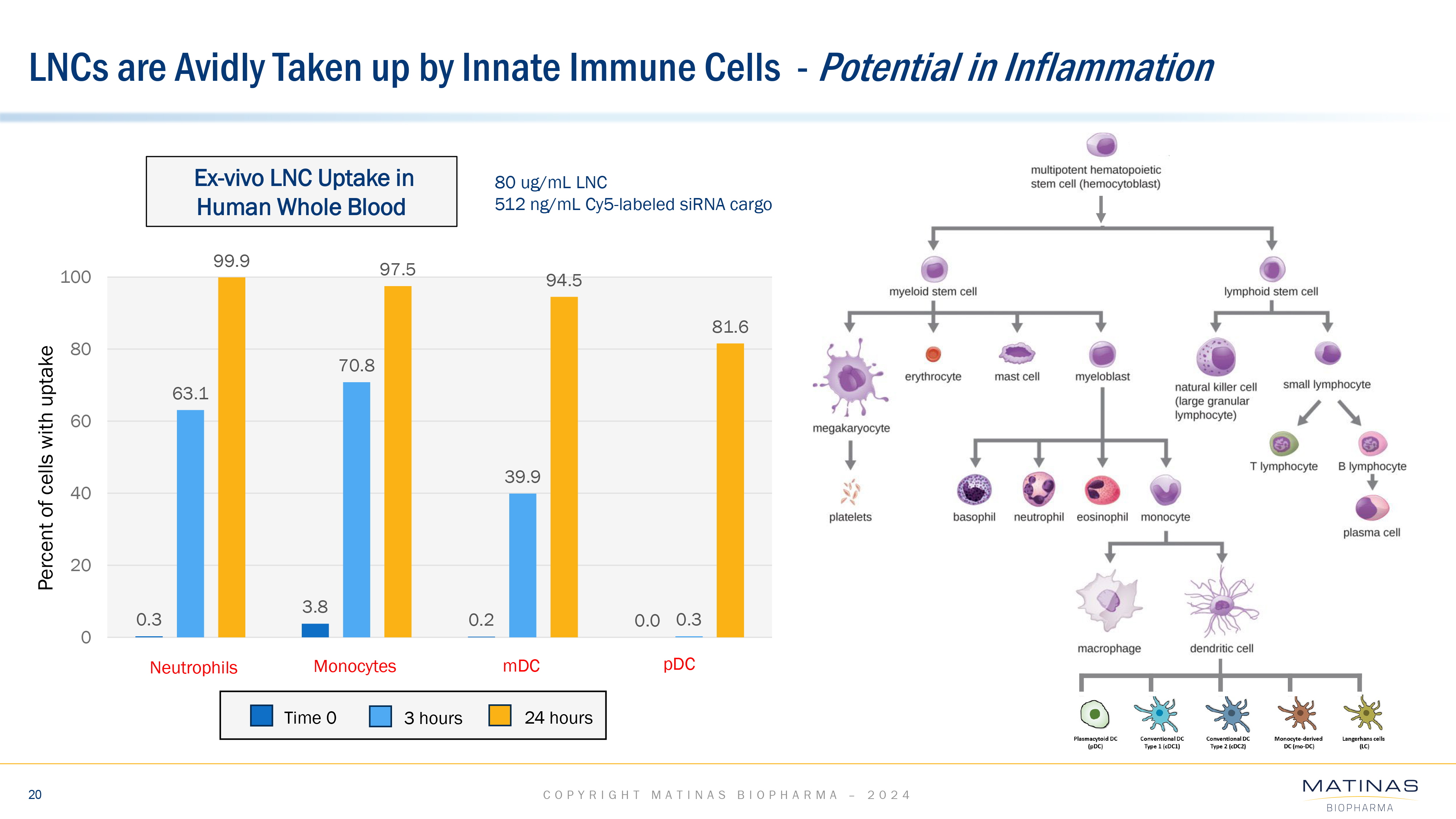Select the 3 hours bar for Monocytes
pos(357,509)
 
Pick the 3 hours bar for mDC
pos(523,565)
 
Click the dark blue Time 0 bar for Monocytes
pos(315,630)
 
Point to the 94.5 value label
pos(563,280)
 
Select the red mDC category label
pos(521,666)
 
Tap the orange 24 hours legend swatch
pos(500,716)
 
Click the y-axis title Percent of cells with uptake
pos(46,468)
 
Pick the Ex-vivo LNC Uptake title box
pos(301,191)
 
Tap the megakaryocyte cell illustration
pos(850,377)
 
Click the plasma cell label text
pos(1371,533)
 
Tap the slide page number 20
pos(35,795)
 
